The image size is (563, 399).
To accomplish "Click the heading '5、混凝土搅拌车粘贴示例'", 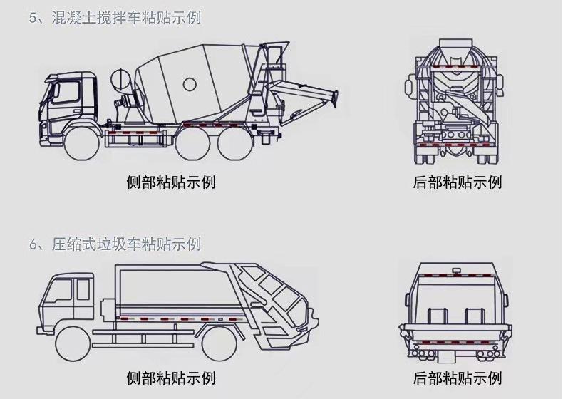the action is (x=115, y=18).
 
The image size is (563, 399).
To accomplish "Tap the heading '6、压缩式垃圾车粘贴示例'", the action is (x=115, y=244).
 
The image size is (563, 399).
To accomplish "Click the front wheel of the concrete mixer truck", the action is (x=83, y=144).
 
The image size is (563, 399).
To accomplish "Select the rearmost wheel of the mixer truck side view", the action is (x=234, y=144).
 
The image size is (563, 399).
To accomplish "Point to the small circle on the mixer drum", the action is (x=190, y=84).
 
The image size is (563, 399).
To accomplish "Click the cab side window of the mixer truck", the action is (x=66, y=93).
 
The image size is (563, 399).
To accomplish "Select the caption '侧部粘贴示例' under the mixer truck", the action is (x=171, y=182).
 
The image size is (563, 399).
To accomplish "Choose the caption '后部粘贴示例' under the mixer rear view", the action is (x=457, y=182).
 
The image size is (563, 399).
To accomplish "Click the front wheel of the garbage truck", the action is (x=73, y=345).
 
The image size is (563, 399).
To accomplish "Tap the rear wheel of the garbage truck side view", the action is (x=219, y=343).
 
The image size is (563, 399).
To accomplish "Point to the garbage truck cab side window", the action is (x=58, y=290).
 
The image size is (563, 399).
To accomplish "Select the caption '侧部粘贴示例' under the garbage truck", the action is (x=171, y=378).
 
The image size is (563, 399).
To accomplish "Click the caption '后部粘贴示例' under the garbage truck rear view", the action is (x=457, y=378).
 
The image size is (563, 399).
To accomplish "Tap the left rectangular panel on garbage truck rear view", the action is (x=438, y=316).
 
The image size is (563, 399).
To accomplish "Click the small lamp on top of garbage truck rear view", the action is (x=456, y=270).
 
